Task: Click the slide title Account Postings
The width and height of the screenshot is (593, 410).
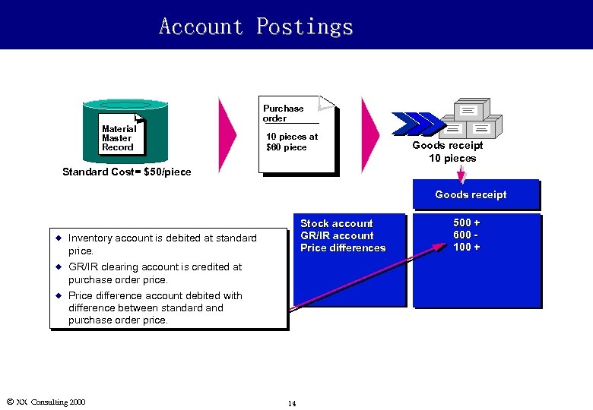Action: (x=256, y=27)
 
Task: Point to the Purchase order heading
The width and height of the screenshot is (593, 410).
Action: (x=283, y=113)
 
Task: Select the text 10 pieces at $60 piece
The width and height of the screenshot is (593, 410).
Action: (x=291, y=142)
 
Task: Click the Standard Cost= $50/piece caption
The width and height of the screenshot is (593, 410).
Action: (x=127, y=172)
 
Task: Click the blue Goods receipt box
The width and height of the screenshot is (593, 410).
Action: (x=474, y=195)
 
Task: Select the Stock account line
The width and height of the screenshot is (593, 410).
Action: (x=337, y=223)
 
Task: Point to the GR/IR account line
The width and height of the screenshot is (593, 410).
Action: (x=337, y=235)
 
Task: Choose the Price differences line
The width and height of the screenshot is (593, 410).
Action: (x=343, y=248)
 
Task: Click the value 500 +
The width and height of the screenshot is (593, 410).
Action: (x=467, y=222)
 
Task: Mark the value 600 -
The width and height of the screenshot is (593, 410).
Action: (x=465, y=235)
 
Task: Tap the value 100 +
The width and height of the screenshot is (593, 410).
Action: (x=467, y=247)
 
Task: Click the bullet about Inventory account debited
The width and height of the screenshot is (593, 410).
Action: (x=162, y=244)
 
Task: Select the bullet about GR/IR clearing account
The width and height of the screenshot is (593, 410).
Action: (x=154, y=273)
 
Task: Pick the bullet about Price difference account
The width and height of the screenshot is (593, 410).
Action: (x=154, y=307)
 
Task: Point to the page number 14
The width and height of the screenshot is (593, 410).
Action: (x=292, y=403)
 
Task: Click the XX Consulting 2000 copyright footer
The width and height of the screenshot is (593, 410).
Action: (x=46, y=402)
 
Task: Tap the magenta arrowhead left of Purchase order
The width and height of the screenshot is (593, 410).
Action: (x=227, y=134)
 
